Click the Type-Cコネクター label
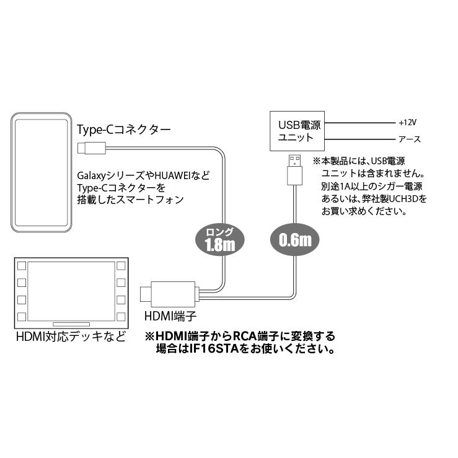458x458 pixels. tap(123, 130)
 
